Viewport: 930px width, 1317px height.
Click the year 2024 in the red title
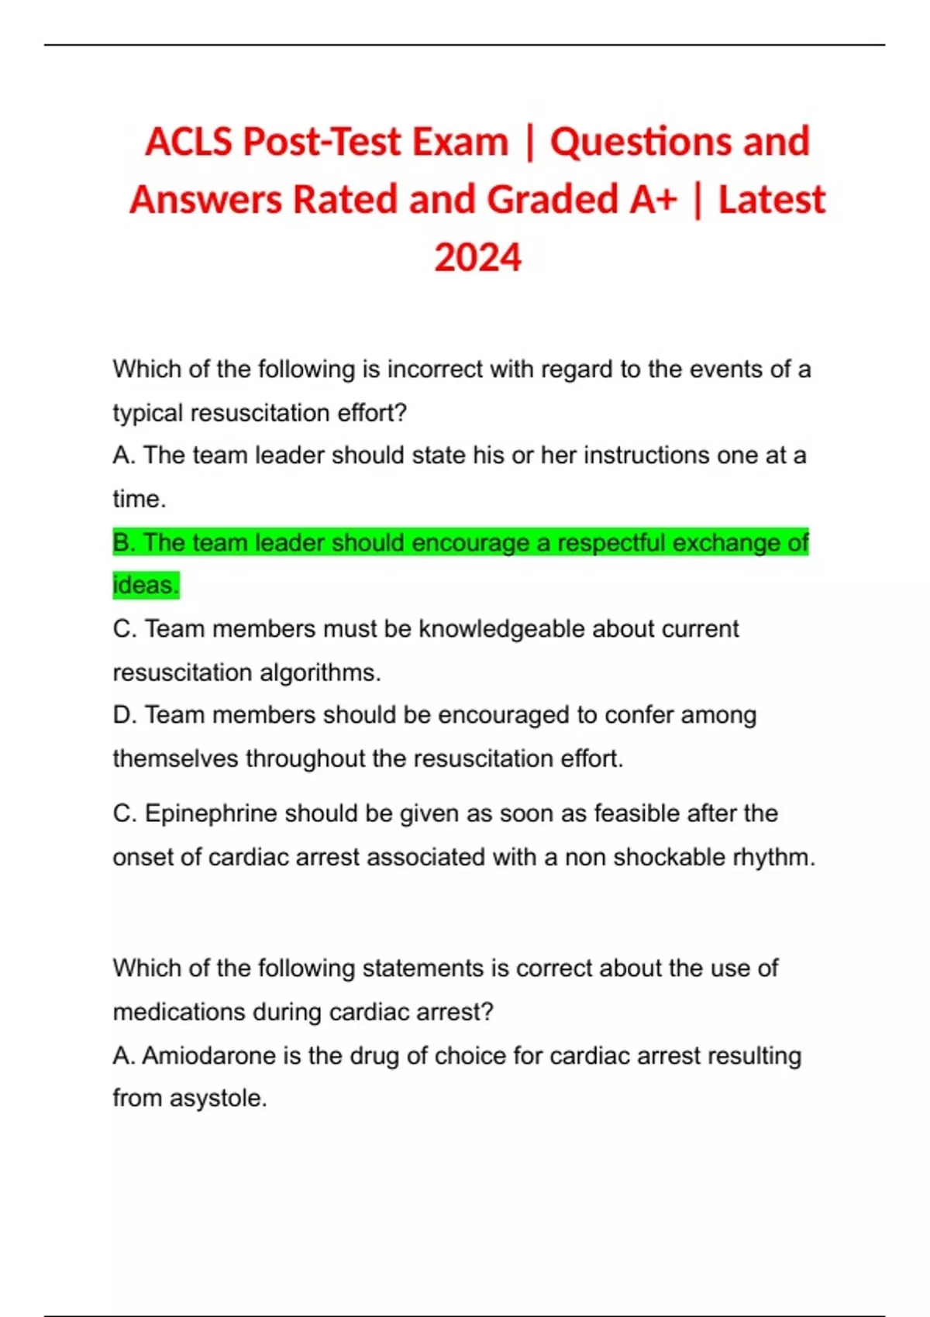coord(477,258)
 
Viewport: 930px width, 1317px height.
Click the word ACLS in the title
coord(188,142)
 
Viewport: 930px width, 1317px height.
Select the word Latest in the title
coord(771,200)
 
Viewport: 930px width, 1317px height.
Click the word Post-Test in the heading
coord(322,142)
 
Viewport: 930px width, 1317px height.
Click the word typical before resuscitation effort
coord(148,413)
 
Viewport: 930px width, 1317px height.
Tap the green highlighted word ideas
coord(145,585)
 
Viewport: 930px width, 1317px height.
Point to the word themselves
coord(175,758)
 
